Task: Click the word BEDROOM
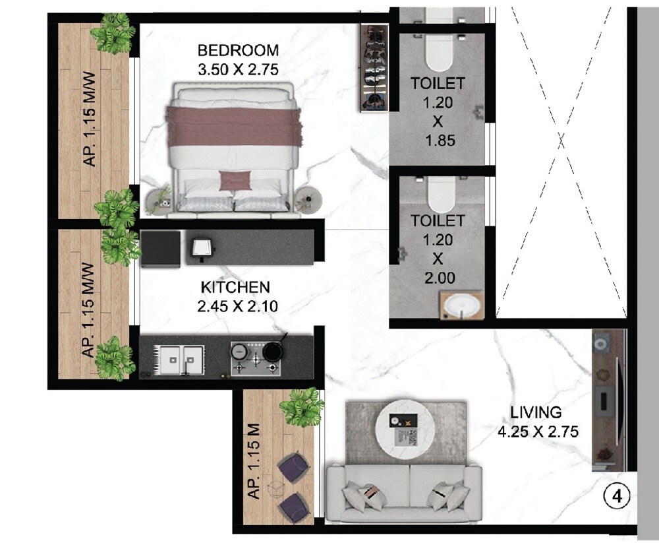238,50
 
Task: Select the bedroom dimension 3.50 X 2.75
238,69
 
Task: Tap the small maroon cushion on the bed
235,179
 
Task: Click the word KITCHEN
235,287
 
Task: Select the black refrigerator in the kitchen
160,248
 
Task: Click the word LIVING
536,413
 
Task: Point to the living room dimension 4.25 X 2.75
538,432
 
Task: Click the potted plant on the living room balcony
302,406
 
